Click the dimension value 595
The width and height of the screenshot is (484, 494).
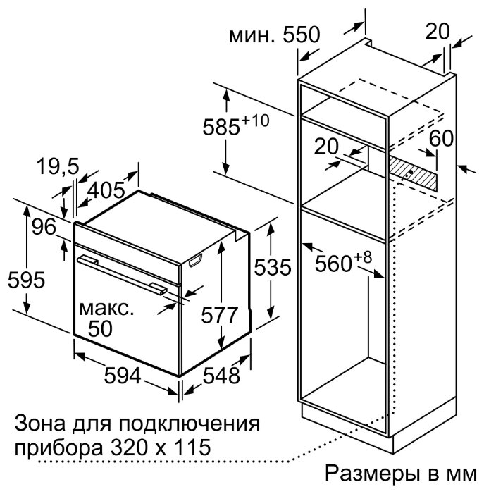27,280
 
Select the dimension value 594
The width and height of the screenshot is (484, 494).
122,376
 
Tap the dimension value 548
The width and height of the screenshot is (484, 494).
221,376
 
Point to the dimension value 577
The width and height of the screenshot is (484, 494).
220,315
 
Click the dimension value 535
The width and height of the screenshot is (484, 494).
273,267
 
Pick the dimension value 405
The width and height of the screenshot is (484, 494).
106,190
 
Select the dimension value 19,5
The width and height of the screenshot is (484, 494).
58,166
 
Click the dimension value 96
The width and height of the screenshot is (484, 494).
44,227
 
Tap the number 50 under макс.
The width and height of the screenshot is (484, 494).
100,328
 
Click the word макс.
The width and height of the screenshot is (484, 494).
106,309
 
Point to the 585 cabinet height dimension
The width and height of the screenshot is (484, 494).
236,125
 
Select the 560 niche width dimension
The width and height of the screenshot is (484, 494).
343,261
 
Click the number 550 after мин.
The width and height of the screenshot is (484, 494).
302,35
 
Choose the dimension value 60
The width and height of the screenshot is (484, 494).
441,138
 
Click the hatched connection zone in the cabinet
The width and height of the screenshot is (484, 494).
413,172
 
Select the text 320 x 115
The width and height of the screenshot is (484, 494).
161,447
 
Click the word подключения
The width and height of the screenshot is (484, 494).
189,424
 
